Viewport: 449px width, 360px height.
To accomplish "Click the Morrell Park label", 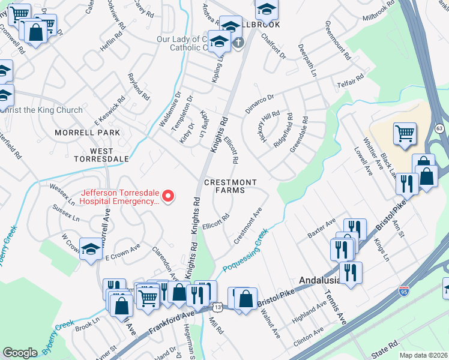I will pos(87,133).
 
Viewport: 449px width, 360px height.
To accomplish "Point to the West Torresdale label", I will pos(101,154).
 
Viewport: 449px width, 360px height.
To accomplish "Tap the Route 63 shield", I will pos(439,128).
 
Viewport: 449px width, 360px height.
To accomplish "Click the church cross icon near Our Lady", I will pos(238,43).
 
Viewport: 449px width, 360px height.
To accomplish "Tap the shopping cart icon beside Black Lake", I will pos(405,134).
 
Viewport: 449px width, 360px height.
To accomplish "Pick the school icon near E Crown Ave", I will pos(91,250).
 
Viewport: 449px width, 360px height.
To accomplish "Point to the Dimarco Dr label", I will pos(259,104).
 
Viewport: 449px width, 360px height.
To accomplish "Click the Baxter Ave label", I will pos(321,227).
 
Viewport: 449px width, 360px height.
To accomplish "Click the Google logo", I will pos(20,353).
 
